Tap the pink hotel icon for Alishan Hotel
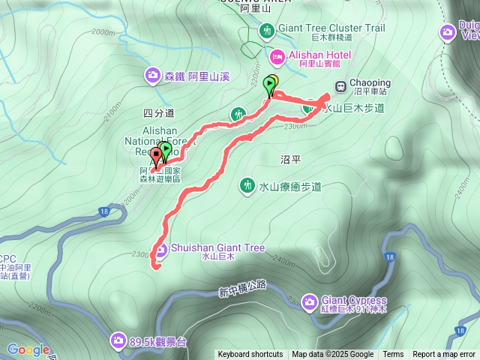277,55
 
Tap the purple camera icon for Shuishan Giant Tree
161,250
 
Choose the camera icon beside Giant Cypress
309,302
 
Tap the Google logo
28,349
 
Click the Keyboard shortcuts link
250,355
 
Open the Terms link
393,355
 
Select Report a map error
443,355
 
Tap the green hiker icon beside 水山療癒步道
247,184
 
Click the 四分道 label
157,113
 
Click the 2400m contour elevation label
284,259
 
